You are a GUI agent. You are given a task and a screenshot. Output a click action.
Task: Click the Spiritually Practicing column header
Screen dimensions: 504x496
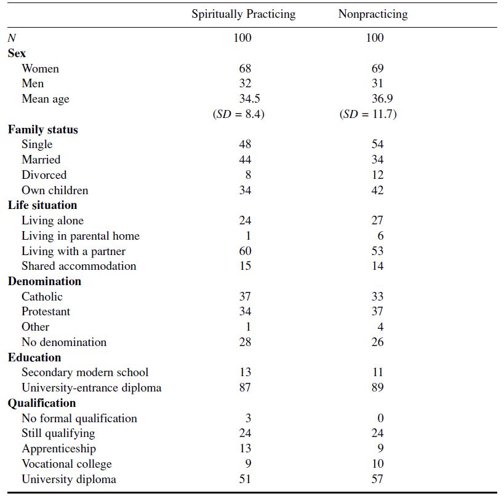243,15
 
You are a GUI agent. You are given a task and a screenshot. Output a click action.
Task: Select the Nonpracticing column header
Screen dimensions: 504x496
373,15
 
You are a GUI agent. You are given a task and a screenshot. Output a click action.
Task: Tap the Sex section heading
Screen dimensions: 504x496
17,53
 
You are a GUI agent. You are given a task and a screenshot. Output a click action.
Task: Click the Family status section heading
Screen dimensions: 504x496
42,129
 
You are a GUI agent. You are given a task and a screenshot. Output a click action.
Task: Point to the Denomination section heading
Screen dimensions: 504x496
44,281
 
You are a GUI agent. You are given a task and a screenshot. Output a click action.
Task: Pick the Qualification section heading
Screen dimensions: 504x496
42,403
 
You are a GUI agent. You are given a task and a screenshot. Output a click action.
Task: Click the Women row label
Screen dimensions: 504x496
40,68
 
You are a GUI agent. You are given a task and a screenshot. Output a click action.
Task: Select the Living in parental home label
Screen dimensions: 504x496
81,236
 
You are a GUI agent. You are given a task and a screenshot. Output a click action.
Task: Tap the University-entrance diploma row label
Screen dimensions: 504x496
91,388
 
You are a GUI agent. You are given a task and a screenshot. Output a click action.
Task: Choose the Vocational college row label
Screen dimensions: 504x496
66,464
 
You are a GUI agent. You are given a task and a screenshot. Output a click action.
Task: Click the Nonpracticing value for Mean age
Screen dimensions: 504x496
382,98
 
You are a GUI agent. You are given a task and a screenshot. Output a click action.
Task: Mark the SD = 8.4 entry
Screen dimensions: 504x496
239,114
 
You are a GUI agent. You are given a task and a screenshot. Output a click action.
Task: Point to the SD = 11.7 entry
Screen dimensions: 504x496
368,114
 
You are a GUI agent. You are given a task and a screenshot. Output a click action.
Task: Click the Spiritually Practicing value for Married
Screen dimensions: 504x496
245,160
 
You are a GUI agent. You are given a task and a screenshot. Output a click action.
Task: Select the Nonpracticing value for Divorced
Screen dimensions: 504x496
377,175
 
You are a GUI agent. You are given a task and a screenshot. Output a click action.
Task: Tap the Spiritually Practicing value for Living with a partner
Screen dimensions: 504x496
245,251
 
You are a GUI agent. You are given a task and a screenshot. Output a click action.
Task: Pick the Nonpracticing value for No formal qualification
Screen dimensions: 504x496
380,418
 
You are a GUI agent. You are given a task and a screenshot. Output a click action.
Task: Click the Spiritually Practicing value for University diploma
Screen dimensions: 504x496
245,479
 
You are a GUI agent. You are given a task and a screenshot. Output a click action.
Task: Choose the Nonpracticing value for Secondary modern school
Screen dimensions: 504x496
378,372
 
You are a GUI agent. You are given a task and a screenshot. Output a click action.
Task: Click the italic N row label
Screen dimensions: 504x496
12,38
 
